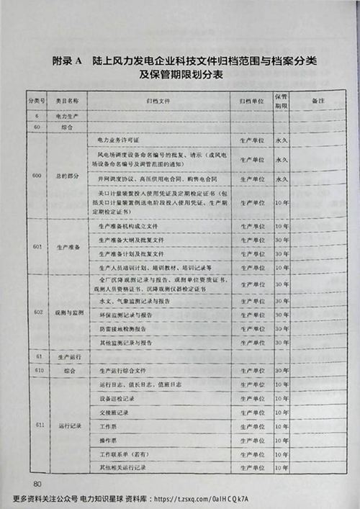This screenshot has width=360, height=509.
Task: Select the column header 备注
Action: pyautogui.click(x=318, y=102)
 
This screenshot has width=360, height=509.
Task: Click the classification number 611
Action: pyautogui.click(x=40, y=425)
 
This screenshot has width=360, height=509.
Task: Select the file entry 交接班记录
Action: pyautogui.click(x=114, y=412)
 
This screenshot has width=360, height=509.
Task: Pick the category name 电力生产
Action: pyautogui.click(x=71, y=114)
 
